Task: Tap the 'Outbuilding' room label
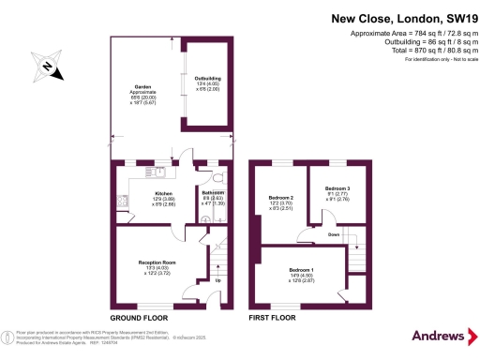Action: click(x=207, y=78)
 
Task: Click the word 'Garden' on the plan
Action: click(x=142, y=86)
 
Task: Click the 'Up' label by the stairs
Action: click(x=219, y=279)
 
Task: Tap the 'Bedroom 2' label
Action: click(x=281, y=197)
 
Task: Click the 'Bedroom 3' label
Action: click(x=337, y=187)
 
